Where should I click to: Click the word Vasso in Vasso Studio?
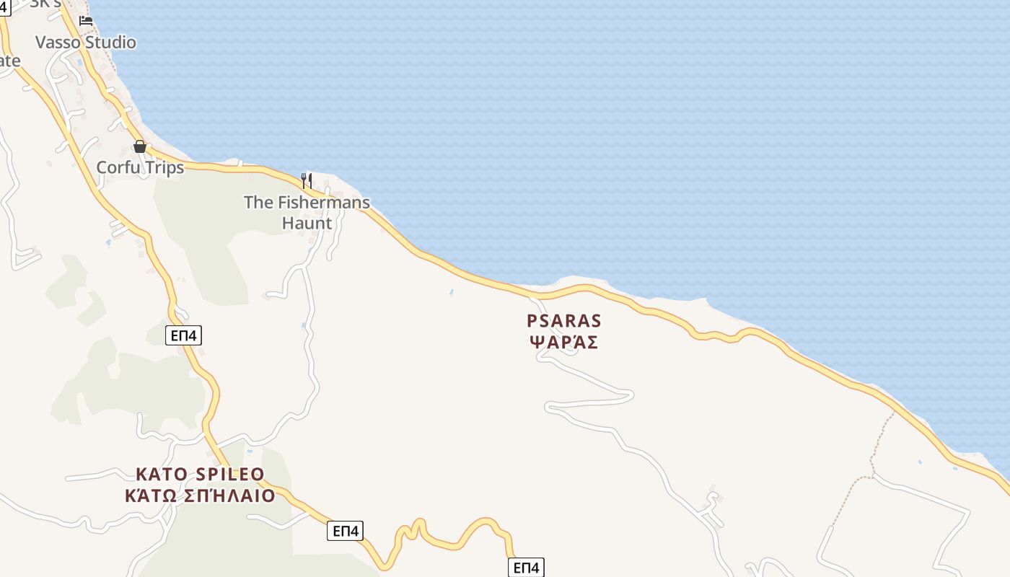pyautogui.click(x=58, y=43)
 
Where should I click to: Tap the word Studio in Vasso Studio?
pyautogui.click(x=110, y=43)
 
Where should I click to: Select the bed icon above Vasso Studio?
pyautogui.click(x=86, y=21)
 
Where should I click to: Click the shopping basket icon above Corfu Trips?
pyautogui.click(x=140, y=146)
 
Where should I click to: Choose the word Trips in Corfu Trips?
pyautogui.click(x=167, y=168)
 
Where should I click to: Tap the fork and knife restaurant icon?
pyautogui.click(x=307, y=180)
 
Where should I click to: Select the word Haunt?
pyautogui.click(x=307, y=224)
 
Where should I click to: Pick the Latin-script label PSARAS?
pyautogui.click(x=564, y=321)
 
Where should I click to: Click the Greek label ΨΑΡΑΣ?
pyautogui.click(x=564, y=343)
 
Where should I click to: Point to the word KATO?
pyautogui.click(x=162, y=474)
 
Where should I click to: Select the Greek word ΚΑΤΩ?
pyautogui.click(x=150, y=496)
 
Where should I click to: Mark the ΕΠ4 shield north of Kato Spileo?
pyautogui.click(x=183, y=335)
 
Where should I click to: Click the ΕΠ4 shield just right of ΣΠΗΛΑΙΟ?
pyautogui.click(x=345, y=532)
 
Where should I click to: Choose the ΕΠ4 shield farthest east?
pyautogui.click(x=527, y=568)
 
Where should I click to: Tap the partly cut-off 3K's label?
pyautogui.click(x=45, y=4)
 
